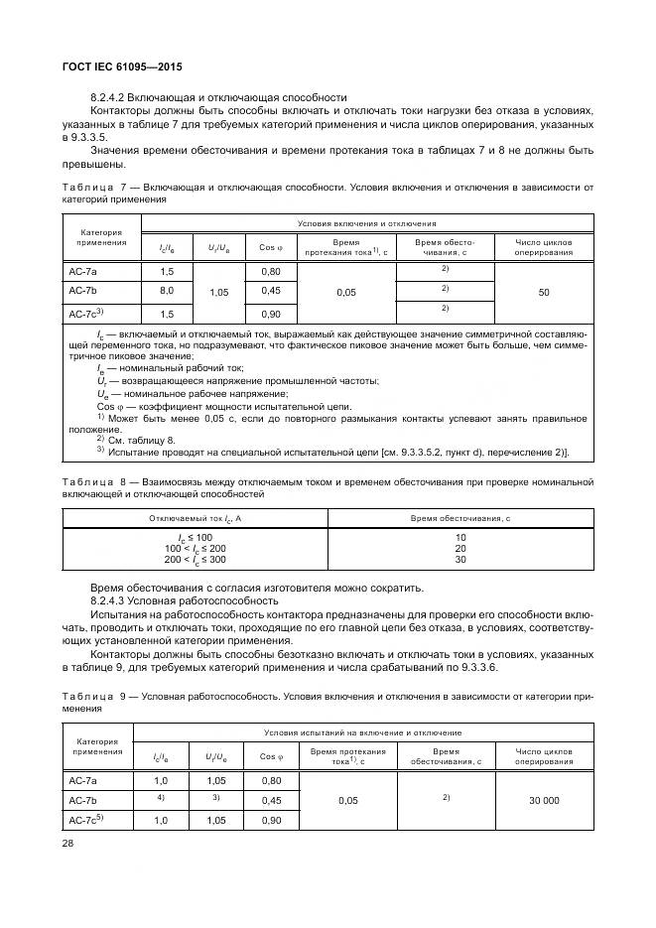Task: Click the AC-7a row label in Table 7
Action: tap(82, 272)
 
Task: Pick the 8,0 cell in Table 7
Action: tap(167, 291)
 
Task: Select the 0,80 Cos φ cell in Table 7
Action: tap(271, 272)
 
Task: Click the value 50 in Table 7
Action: tap(544, 292)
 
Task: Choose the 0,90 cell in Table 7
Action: tap(271, 313)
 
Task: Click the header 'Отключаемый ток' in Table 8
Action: tap(196, 518)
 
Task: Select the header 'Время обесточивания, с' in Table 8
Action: tap(460, 518)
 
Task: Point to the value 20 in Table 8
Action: tap(460, 548)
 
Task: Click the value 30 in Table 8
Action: tap(460, 560)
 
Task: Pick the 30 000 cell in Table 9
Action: tap(544, 799)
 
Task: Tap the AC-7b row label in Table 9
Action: tap(82, 799)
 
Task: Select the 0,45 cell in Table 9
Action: tap(271, 799)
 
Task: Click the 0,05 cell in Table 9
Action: tap(347, 799)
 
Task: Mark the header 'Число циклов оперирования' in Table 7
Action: tap(544, 246)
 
